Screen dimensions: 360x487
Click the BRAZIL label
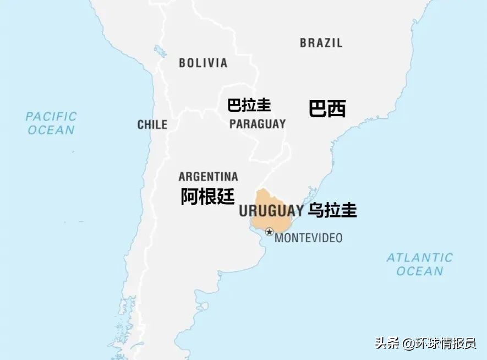321,42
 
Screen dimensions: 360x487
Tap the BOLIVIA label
203,63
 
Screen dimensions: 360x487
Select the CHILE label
152,125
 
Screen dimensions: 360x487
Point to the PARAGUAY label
258,124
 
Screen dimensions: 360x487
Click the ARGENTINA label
208,177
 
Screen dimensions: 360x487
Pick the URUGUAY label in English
271,210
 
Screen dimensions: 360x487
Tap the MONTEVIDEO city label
308,238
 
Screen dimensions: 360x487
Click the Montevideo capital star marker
269,232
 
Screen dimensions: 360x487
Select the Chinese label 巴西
327,108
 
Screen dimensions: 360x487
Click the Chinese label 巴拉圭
249,105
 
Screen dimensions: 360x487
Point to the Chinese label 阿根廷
207,196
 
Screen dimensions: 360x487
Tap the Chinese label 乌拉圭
332,210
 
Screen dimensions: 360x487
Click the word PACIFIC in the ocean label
51,116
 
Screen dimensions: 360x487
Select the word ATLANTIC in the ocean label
419,258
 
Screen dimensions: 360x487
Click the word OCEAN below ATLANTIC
419,271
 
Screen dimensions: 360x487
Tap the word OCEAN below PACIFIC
51,130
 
